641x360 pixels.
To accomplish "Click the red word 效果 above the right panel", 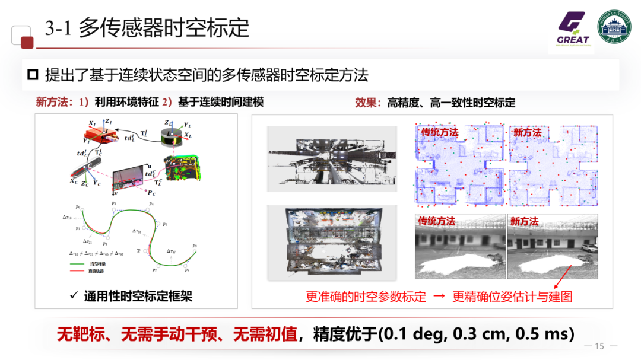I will (366, 103).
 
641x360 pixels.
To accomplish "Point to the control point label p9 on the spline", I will (195, 245).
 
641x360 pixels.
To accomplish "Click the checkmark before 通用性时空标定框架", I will (74, 295).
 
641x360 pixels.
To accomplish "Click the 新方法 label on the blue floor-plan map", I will (527, 132).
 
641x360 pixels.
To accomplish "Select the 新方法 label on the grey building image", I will (524, 221).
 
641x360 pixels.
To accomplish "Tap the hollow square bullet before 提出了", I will (33, 75).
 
